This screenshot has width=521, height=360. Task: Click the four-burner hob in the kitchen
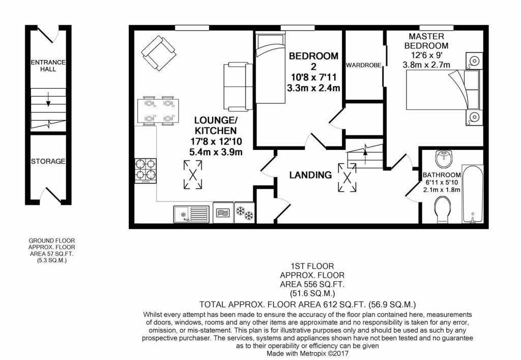coord(145,171)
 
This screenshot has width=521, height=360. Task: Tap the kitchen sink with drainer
coord(191,214)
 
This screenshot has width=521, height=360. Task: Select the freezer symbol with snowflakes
coord(245,213)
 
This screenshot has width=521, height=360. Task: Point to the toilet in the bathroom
coord(442,209)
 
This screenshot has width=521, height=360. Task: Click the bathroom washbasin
coord(443,159)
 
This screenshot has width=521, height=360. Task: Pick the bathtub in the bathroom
coord(473,194)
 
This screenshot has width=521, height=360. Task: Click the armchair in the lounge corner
coord(159,53)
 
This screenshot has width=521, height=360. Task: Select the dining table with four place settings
coord(158,111)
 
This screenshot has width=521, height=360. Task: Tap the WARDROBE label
coord(363,66)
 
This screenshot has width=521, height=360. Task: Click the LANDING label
coord(310,175)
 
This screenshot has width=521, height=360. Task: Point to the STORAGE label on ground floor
coord(48,161)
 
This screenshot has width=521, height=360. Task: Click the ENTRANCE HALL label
coord(48,66)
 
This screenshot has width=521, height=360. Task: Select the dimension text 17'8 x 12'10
coord(216,142)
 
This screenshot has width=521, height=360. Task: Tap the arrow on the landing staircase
coord(365,154)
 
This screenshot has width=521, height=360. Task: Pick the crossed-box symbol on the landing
coord(347,177)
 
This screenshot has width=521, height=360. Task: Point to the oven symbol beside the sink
coord(223,213)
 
